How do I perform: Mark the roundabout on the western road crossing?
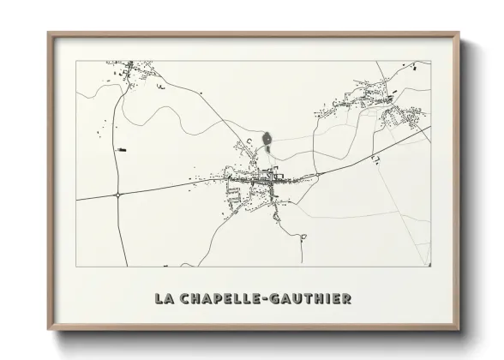click(x=117, y=195)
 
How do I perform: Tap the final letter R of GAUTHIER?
click(x=345, y=299)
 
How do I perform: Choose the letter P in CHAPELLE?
click(x=218, y=299)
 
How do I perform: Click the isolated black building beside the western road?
click(x=121, y=150)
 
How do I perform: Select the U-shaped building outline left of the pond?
click(x=249, y=141)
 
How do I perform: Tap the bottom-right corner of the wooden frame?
click(x=458, y=328)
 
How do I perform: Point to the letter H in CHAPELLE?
click(x=194, y=299)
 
